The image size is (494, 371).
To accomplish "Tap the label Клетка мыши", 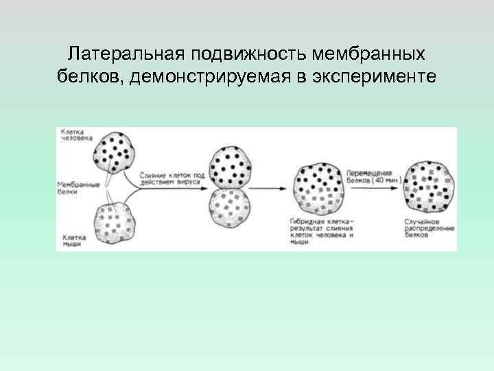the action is click(x=71, y=240).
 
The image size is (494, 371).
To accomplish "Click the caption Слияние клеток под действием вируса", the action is click(x=171, y=178).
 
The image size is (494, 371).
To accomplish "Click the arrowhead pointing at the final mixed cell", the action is click(x=401, y=186).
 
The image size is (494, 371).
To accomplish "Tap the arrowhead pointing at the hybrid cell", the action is click(x=287, y=186).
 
